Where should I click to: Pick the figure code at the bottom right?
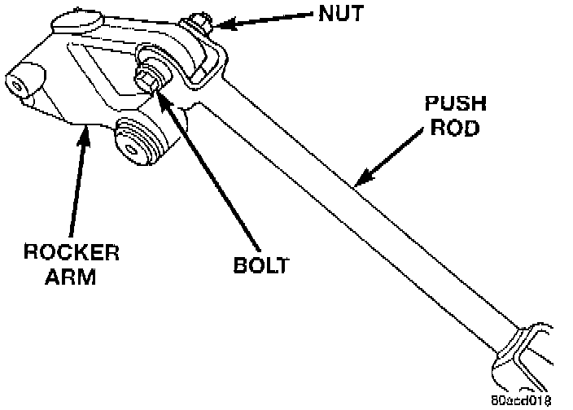coord(522,399)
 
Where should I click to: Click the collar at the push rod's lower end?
coord(521,345)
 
